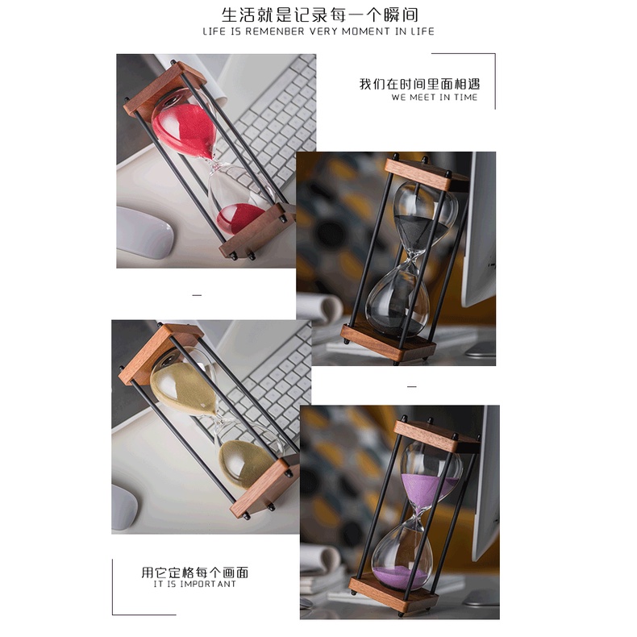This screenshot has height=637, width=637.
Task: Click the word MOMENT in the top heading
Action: [365, 31]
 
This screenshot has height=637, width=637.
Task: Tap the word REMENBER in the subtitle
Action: [275, 31]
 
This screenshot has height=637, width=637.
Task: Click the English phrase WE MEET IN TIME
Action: [435, 97]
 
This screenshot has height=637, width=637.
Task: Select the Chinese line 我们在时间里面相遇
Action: [419, 84]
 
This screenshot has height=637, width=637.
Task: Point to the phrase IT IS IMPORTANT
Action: [194, 584]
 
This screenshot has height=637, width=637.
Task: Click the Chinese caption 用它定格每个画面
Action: [194, 572]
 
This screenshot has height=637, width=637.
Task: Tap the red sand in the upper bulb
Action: [186, 129]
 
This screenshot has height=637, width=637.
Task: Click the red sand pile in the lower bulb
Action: [239, 219]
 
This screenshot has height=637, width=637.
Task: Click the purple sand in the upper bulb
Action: [429, 490]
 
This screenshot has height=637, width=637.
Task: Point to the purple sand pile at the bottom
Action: [402, 577]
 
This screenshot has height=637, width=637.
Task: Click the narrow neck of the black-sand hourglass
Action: [412, 256]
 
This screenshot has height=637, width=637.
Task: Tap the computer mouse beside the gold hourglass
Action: [124, 506]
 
